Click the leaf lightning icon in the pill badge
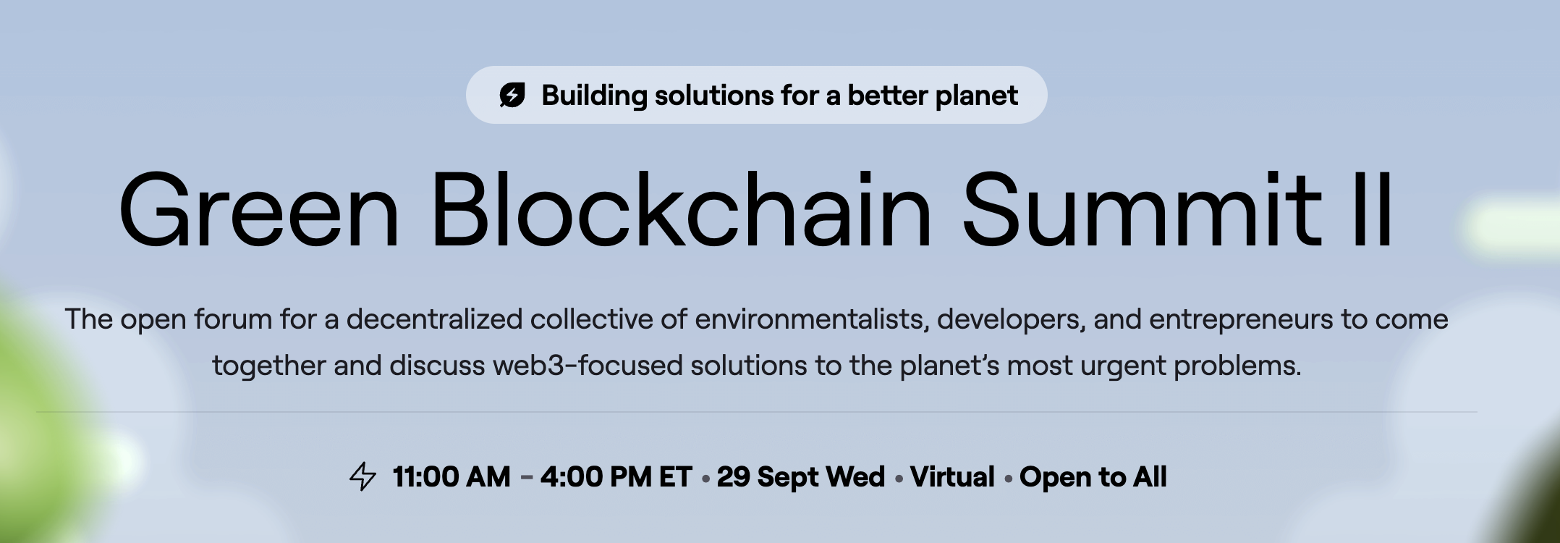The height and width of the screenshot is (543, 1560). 512,95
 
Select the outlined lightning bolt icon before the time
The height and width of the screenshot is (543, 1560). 363,476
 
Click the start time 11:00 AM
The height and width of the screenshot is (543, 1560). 452,477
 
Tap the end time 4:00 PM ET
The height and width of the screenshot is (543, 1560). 616,477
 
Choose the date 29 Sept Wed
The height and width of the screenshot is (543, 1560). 800,477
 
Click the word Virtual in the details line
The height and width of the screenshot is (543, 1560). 952,477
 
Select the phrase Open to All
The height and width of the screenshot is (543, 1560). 1093,478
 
